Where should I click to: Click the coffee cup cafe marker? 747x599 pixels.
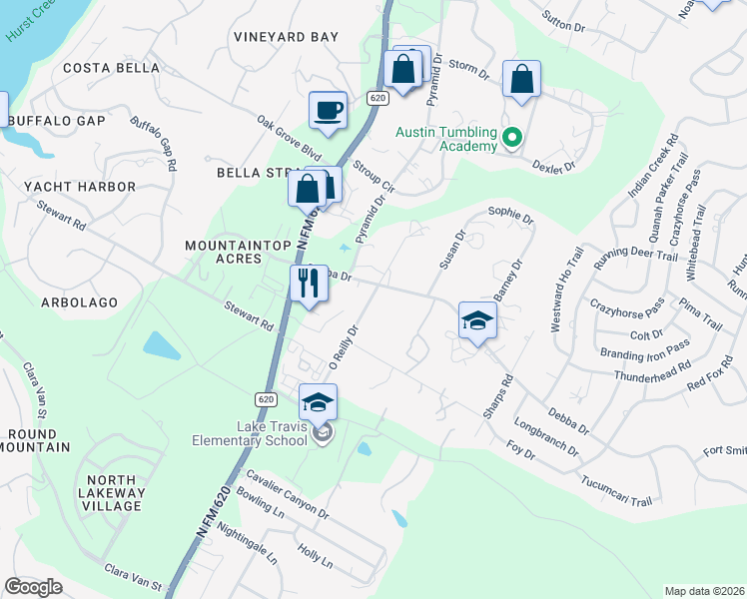click(x=328, y=110)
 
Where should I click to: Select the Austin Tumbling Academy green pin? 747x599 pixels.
click(x=512, y=139)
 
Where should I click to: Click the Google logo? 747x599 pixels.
click(x=33, y=587)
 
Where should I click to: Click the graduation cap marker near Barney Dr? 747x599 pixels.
click(x=477, y=320)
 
